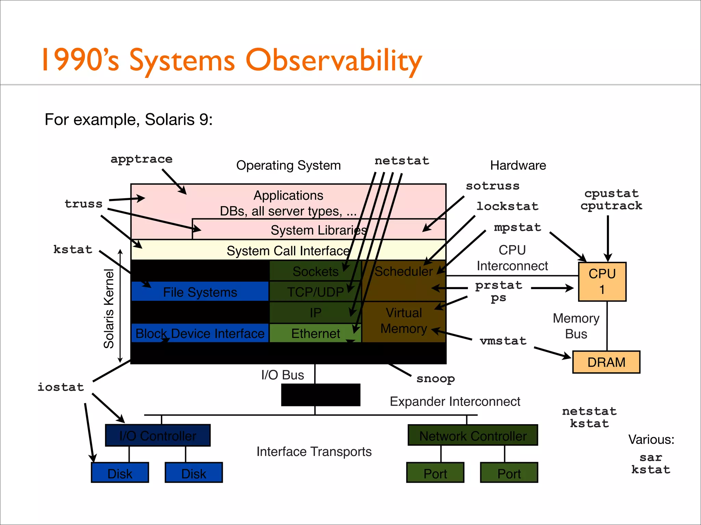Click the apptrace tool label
(x=141, y=159)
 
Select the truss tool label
(x=84, y=204)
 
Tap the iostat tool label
(x=61, y=387)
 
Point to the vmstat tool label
(x=503, y=341)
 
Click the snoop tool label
(x=435, y=379)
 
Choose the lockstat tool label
(x=507, y=206)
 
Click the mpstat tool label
(x=517, y=228)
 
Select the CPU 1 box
(x=602, y=282)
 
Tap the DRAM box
(x=606, y=362)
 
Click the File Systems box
(x=200, y=292)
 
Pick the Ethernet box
(x=315, y=333)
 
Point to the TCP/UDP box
(x=315, y=292)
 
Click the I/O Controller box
(x=158, y=435)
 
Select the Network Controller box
(x=473, y=435)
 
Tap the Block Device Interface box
(x=200, y=333)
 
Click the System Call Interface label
(x=288, y=251)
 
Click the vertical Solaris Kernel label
(x=109, y=309)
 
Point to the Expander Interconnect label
(x=455, y=401)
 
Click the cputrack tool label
(x=611, y=206)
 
